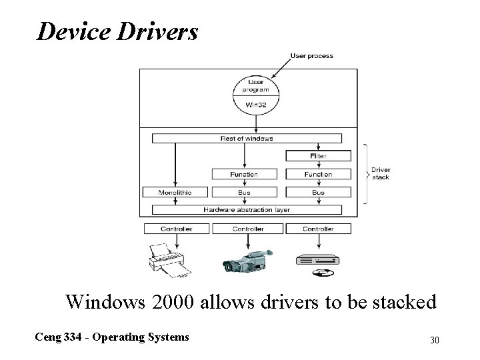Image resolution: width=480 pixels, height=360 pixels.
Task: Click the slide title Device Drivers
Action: [117, 31]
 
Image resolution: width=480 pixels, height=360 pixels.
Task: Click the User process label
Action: [311, 56]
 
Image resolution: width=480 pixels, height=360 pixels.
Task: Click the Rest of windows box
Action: [247, 139]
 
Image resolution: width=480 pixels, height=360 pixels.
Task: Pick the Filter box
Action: [318, 156]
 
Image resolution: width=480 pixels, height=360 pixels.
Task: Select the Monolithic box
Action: [176, 192]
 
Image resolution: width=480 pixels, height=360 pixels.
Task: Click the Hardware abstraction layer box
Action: [247, 210]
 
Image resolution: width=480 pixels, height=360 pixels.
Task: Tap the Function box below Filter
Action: [318, 174]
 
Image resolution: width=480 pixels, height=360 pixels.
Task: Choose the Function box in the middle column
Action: [244, 174]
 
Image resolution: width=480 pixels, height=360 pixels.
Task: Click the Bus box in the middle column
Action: [244, 192]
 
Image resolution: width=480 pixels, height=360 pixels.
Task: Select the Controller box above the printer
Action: [176, 229]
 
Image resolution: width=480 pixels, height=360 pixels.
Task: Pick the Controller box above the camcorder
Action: [247, 229]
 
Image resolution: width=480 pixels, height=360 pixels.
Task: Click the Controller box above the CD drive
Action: [318, 229]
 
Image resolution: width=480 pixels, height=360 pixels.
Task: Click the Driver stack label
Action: [381, 173]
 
